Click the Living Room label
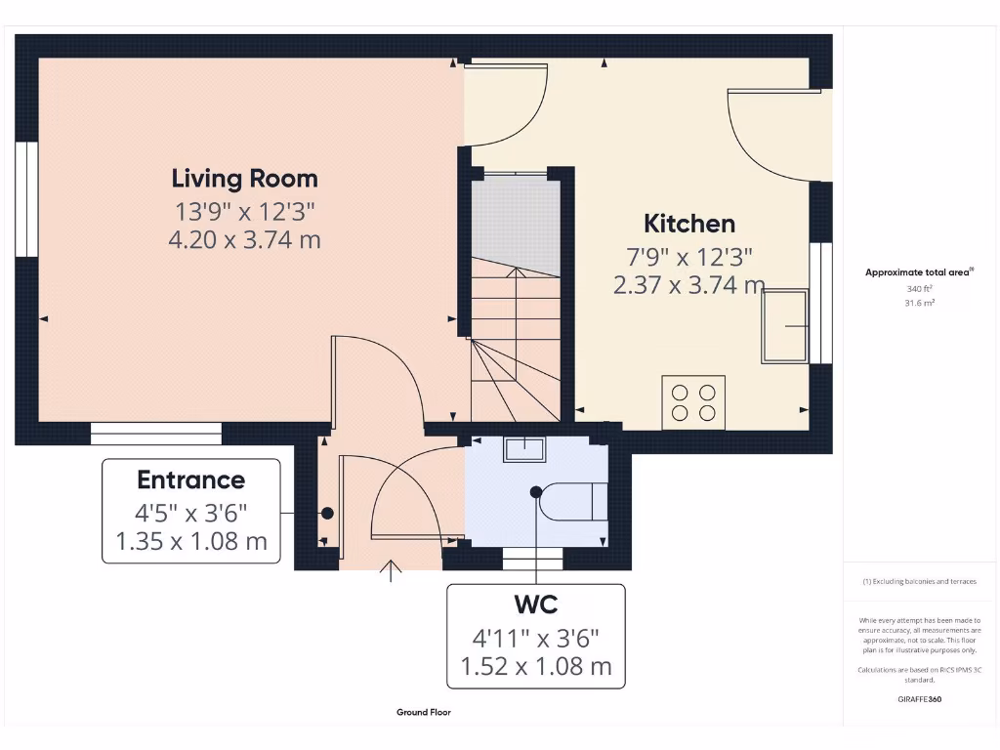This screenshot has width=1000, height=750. click(x=244, y=179)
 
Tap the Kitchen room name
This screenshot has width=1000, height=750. click(x=689, y=224)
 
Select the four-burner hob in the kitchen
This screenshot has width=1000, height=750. click(x=693, y=402)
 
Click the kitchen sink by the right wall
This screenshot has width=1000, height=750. click(x=786, y=325)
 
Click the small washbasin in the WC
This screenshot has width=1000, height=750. click(x=524, y=449)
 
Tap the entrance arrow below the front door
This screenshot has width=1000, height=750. click(x=393, y=571)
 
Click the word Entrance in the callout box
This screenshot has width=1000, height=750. click(x=190, y=479)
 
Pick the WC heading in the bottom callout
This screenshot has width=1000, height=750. click(x=535, y=604)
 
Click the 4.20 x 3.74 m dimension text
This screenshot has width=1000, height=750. click(x=244, y=239)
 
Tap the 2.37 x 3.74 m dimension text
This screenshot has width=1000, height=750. click(x=689, y=285)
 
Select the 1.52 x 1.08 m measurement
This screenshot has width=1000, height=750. click(x=535, y=667)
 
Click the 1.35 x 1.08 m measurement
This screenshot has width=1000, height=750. click(x=190, y=541)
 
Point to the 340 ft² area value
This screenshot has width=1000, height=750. click(x=918, y=289)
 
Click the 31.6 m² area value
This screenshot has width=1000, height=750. click(x=918, y=303)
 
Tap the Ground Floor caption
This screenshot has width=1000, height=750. click(x=424, y=713)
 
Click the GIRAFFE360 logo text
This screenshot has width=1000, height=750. click(x=918, y=699)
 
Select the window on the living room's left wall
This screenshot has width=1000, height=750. click(x=25, y=199)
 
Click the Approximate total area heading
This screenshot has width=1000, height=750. click(x=918, y=272)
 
